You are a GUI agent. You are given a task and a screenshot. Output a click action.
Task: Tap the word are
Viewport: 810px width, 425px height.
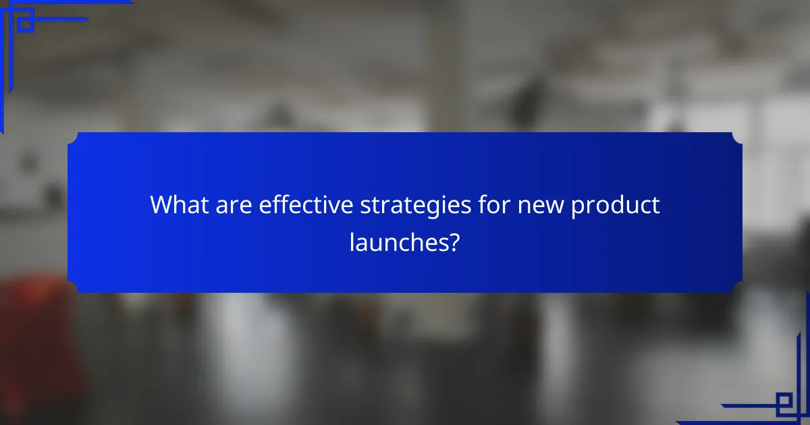(236, 204)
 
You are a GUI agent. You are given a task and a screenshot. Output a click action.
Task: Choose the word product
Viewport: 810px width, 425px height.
(615, 206)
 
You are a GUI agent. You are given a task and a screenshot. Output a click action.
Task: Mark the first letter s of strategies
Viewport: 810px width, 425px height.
(365, 206)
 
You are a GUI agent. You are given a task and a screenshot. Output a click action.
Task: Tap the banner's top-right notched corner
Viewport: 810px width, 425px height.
(737, 138)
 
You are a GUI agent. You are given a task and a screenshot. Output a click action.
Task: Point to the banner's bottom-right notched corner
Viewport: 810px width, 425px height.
(737, 287)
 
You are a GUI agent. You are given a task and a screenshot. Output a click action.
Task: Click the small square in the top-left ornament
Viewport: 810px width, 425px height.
(25, 24)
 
